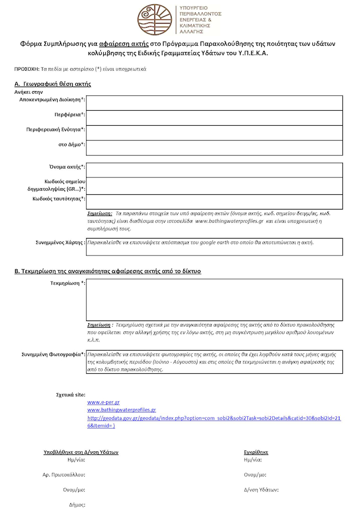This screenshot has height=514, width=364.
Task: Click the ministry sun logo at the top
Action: [x=154, y=18]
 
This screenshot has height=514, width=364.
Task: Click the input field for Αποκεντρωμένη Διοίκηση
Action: [x=215, y=103]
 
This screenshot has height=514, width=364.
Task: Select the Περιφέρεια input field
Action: [x=215, y=118]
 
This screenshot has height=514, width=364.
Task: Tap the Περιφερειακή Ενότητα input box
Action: [x=215, y=132]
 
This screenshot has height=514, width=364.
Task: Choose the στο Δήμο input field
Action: [x=215, y=147]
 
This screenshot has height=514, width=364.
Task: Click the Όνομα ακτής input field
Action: [x=215, y=170]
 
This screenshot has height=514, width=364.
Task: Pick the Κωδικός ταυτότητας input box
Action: [x=215, y=201]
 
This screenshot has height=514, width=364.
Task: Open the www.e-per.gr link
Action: [x=103, y=402]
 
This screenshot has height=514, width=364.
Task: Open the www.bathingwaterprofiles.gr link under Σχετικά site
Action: [x=121, y=410]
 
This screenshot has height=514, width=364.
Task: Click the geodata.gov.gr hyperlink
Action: [x=214, y=418]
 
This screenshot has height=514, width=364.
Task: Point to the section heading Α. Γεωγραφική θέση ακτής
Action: [x=53, y=84]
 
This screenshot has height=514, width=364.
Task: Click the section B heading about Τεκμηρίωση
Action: [x=107, y=271]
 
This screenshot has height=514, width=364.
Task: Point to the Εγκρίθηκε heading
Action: [x=256, y=452]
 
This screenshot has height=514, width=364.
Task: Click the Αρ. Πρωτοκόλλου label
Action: [x=64, y=473]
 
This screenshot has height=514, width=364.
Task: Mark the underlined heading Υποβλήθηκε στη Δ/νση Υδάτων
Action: [x=81, y=452]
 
